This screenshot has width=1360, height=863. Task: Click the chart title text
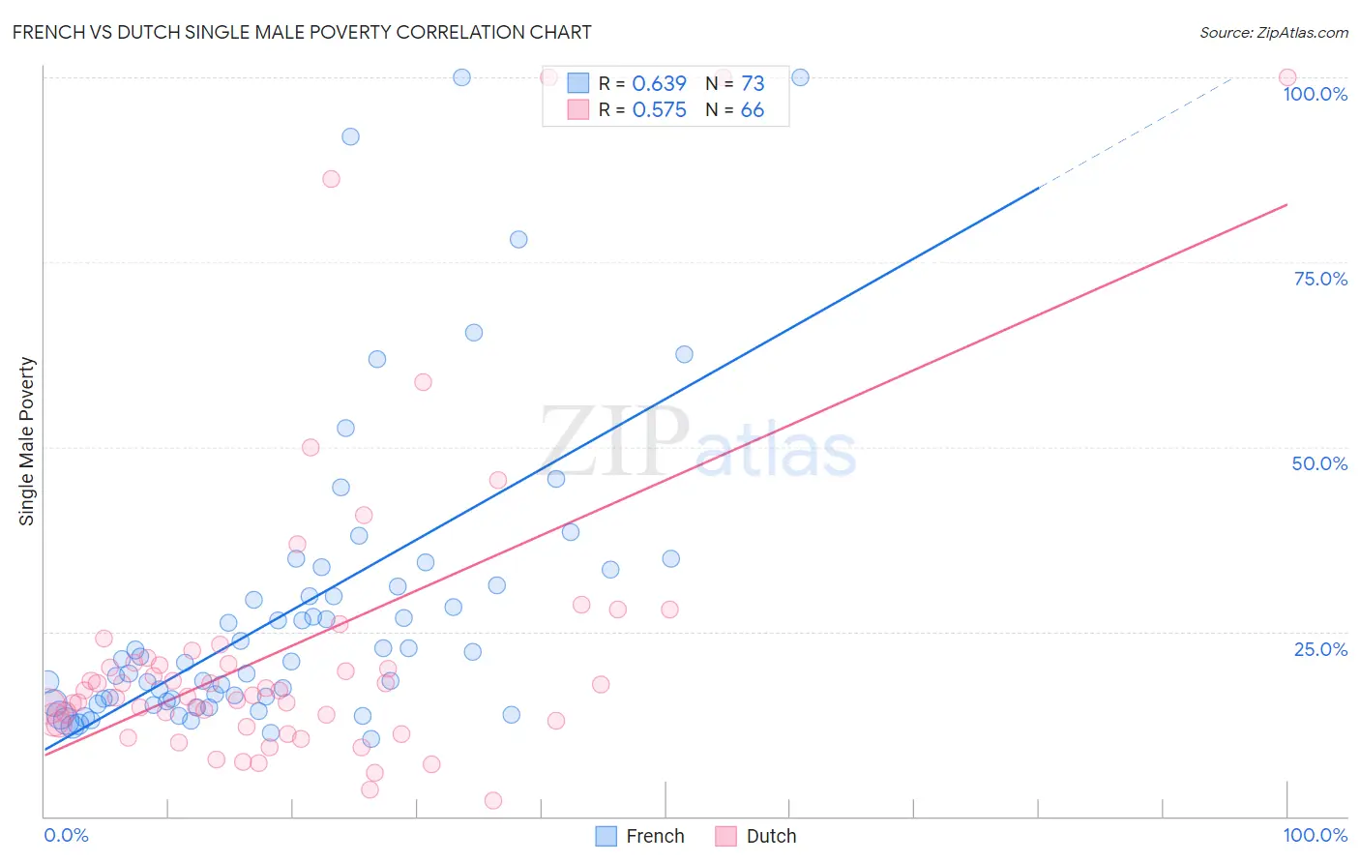pyautogui.click(x=302, y=32)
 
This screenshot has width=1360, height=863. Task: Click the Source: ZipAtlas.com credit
pyautogui.click(x=1273, y=32)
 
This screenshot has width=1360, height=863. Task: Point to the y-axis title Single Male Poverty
pyautogui.click(x=27, y=441)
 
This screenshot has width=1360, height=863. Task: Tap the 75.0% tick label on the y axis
pyautogui.click(x=1319, y=279)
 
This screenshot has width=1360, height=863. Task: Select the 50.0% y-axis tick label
pyautogui.click(x=1319, y=463)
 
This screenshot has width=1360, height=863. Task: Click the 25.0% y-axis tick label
pyautogui.click(x=1319, y=649)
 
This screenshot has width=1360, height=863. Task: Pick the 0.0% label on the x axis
pyautogui.click(x=66, y=835)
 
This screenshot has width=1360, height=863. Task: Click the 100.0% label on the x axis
pyautogui.click(x=1315, y=835)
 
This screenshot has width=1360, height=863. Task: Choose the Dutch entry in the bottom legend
pyautogui.click(x=756, y=836)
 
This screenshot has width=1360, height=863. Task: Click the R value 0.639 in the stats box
pyautogui.click(x=659, y=84)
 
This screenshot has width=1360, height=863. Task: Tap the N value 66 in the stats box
pyautogui.click(x=752, y=110)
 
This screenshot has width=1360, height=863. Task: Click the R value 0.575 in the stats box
pyautogui.click(x=659, y=110)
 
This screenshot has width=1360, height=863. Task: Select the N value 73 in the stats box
pyautogui.click(x=752, y=84)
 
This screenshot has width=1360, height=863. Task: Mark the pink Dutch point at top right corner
pyautogui.click(x=1286, y=77)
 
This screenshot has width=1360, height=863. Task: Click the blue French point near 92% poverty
pyautogui.click(x=350, y=136)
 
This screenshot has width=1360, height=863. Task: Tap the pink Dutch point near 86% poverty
pyautogui.click(x=331, y=179)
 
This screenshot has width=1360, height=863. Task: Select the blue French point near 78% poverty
pyautogui.click(x=518, y=239)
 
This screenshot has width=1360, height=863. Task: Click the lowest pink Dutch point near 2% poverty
pyautogui.click(x=492, y=800)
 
